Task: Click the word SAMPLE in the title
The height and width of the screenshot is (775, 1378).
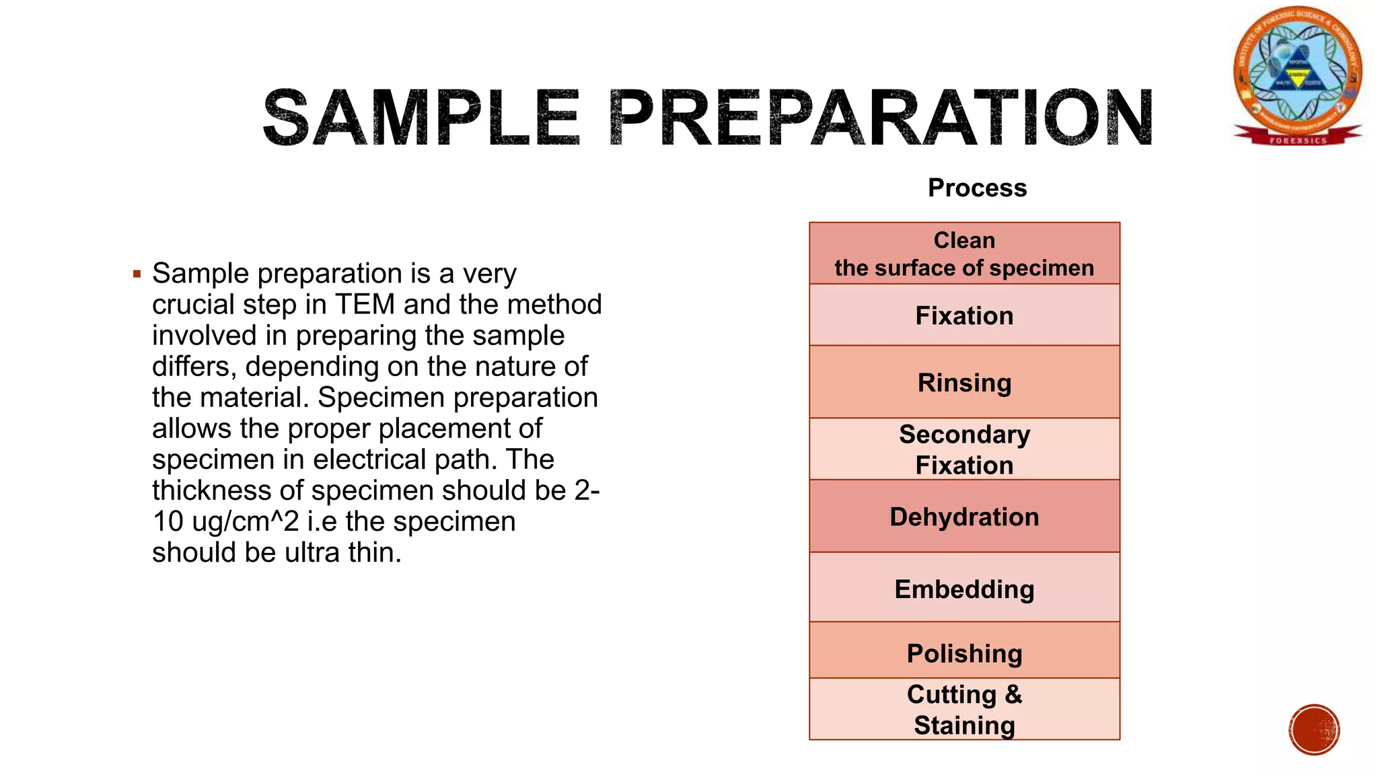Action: click(x=421, y=118)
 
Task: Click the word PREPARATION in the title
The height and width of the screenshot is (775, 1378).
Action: click(x=881, y=118)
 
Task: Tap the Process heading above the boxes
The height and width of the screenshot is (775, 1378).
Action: click(x=977, y=188)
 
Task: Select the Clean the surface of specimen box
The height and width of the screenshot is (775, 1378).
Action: click(x=964, y=254)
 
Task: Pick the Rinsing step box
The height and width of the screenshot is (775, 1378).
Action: click(x=964, y=382)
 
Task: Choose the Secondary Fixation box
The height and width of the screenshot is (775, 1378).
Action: click(x=964, y=449)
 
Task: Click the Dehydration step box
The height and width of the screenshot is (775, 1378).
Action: click(x=964, y=517)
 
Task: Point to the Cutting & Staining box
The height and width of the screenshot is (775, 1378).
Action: click(x=964, y=709)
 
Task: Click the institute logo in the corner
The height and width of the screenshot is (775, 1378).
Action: click(x=1297, y=71)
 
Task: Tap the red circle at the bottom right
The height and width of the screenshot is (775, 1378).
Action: click(x=1314, y=730)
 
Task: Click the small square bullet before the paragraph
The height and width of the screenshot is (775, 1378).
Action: click(x=137, y=274)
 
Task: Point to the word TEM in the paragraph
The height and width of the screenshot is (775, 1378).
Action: click(x=365, y=305)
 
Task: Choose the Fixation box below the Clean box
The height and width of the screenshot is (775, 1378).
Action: click(x=964, y=316)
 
